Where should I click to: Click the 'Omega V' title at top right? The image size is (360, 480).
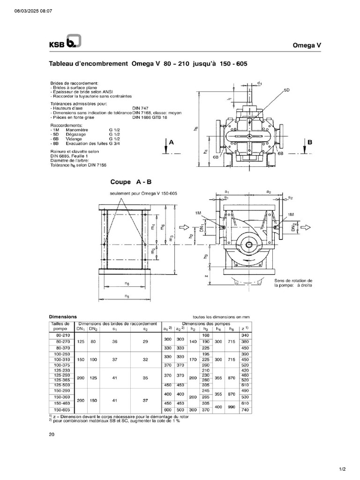(x=307, y=45)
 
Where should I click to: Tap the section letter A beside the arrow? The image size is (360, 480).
(x=171, y=141)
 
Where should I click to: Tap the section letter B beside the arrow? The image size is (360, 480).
(x=310, y=141)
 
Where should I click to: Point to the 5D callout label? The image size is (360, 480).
(x=286, y=89)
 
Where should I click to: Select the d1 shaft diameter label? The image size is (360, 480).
(x=259, y=82)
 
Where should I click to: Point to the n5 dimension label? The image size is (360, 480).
(x=127, y=296)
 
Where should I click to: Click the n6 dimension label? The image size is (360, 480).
(x=127, y=283)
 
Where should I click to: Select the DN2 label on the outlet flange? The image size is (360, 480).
(x=293, y=227)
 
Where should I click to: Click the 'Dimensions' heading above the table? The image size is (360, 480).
(x=63, y=316)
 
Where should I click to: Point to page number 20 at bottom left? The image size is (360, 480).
(x=52, y=435)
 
